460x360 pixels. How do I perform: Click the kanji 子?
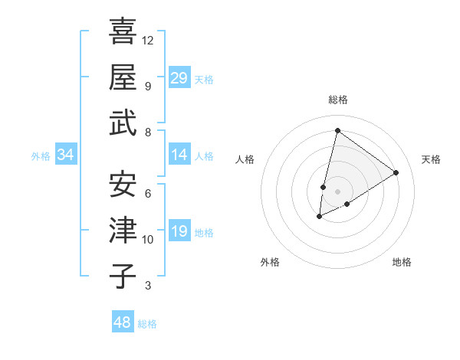click(x=123, y=277)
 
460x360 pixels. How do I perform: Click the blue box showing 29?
click(x=179, y=77)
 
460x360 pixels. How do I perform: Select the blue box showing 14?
click(x=179, y=155)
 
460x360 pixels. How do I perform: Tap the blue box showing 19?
click(x=179, y=231)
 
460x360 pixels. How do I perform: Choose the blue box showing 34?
click(x=66, y=155)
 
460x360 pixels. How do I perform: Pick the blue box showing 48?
click(x=123, y=322)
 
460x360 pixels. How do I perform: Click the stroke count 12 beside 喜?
click(x=148, y=39)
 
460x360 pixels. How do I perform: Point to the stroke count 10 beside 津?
click(x=148, y=239)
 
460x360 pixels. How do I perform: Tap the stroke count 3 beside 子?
click(x=148, y=286)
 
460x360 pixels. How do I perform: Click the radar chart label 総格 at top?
click(x=337, y=100)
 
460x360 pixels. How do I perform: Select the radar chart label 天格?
click(x=431, y=159)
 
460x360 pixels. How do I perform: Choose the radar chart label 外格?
click(x=270, y=263)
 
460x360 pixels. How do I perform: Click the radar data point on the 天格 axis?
click(x=396, y=172)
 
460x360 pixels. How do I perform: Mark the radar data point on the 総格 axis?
click(x=337, y=131)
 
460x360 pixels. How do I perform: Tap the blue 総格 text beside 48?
click(x=147, y=324)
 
